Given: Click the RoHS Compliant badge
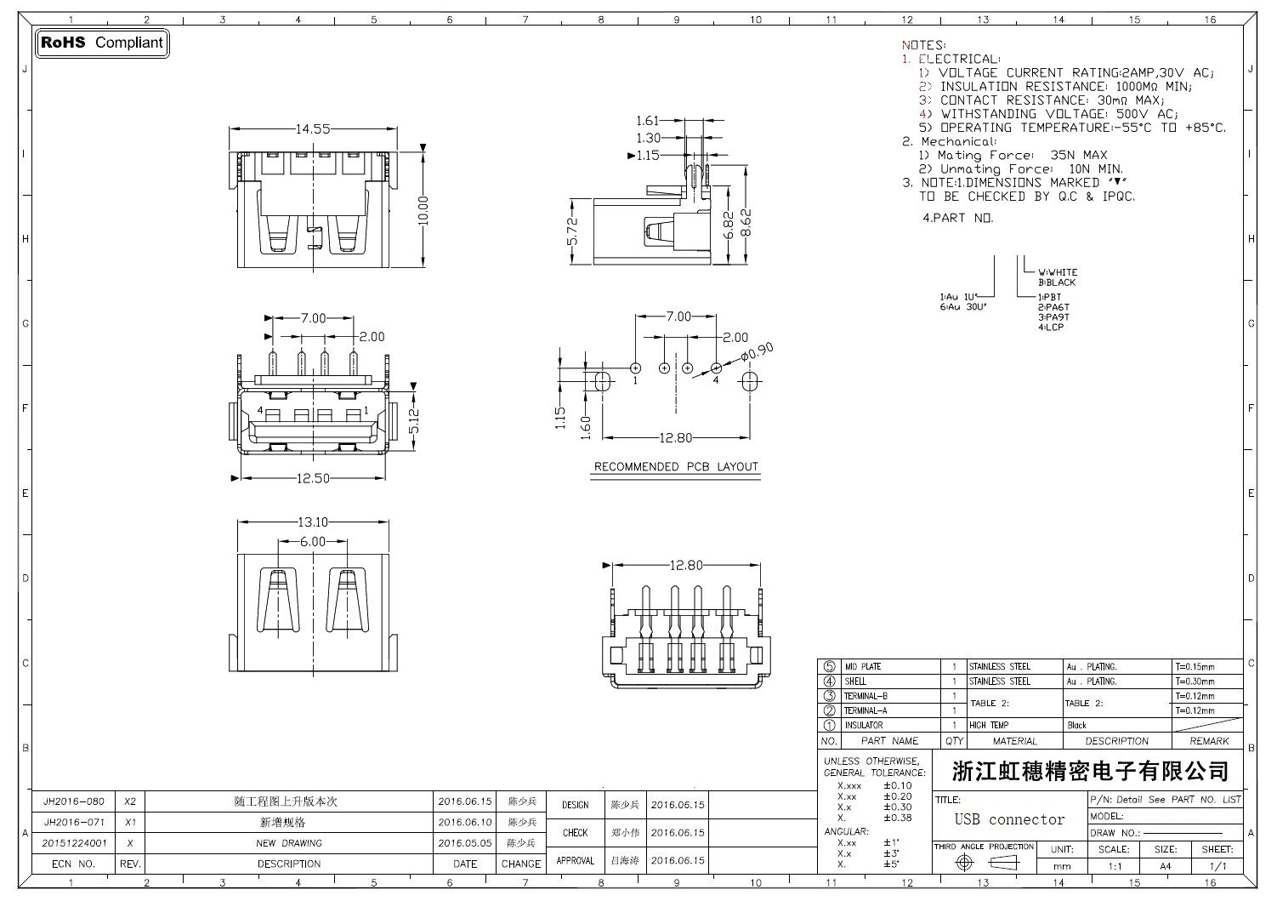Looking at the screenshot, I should tap(102, 43).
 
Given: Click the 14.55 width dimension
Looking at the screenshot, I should tap(313, 129).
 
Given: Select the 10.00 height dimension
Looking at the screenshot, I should tap(423, 210).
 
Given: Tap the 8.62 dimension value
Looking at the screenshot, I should tap(746, 222).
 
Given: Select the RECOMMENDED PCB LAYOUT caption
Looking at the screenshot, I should tap(676, 466).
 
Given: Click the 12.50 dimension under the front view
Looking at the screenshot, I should tap(312, 478).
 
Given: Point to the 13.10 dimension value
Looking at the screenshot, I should tap(312, 522).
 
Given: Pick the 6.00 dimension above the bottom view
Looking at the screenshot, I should tap(312, 541).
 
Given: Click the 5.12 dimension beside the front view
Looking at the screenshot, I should tap(414, 420).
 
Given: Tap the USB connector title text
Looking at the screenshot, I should tap(1009, 819).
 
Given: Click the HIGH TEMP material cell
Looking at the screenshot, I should tap(989, 725).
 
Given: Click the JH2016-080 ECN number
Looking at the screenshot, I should tap(74, 801).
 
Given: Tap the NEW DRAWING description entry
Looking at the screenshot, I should tap(289, 843).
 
